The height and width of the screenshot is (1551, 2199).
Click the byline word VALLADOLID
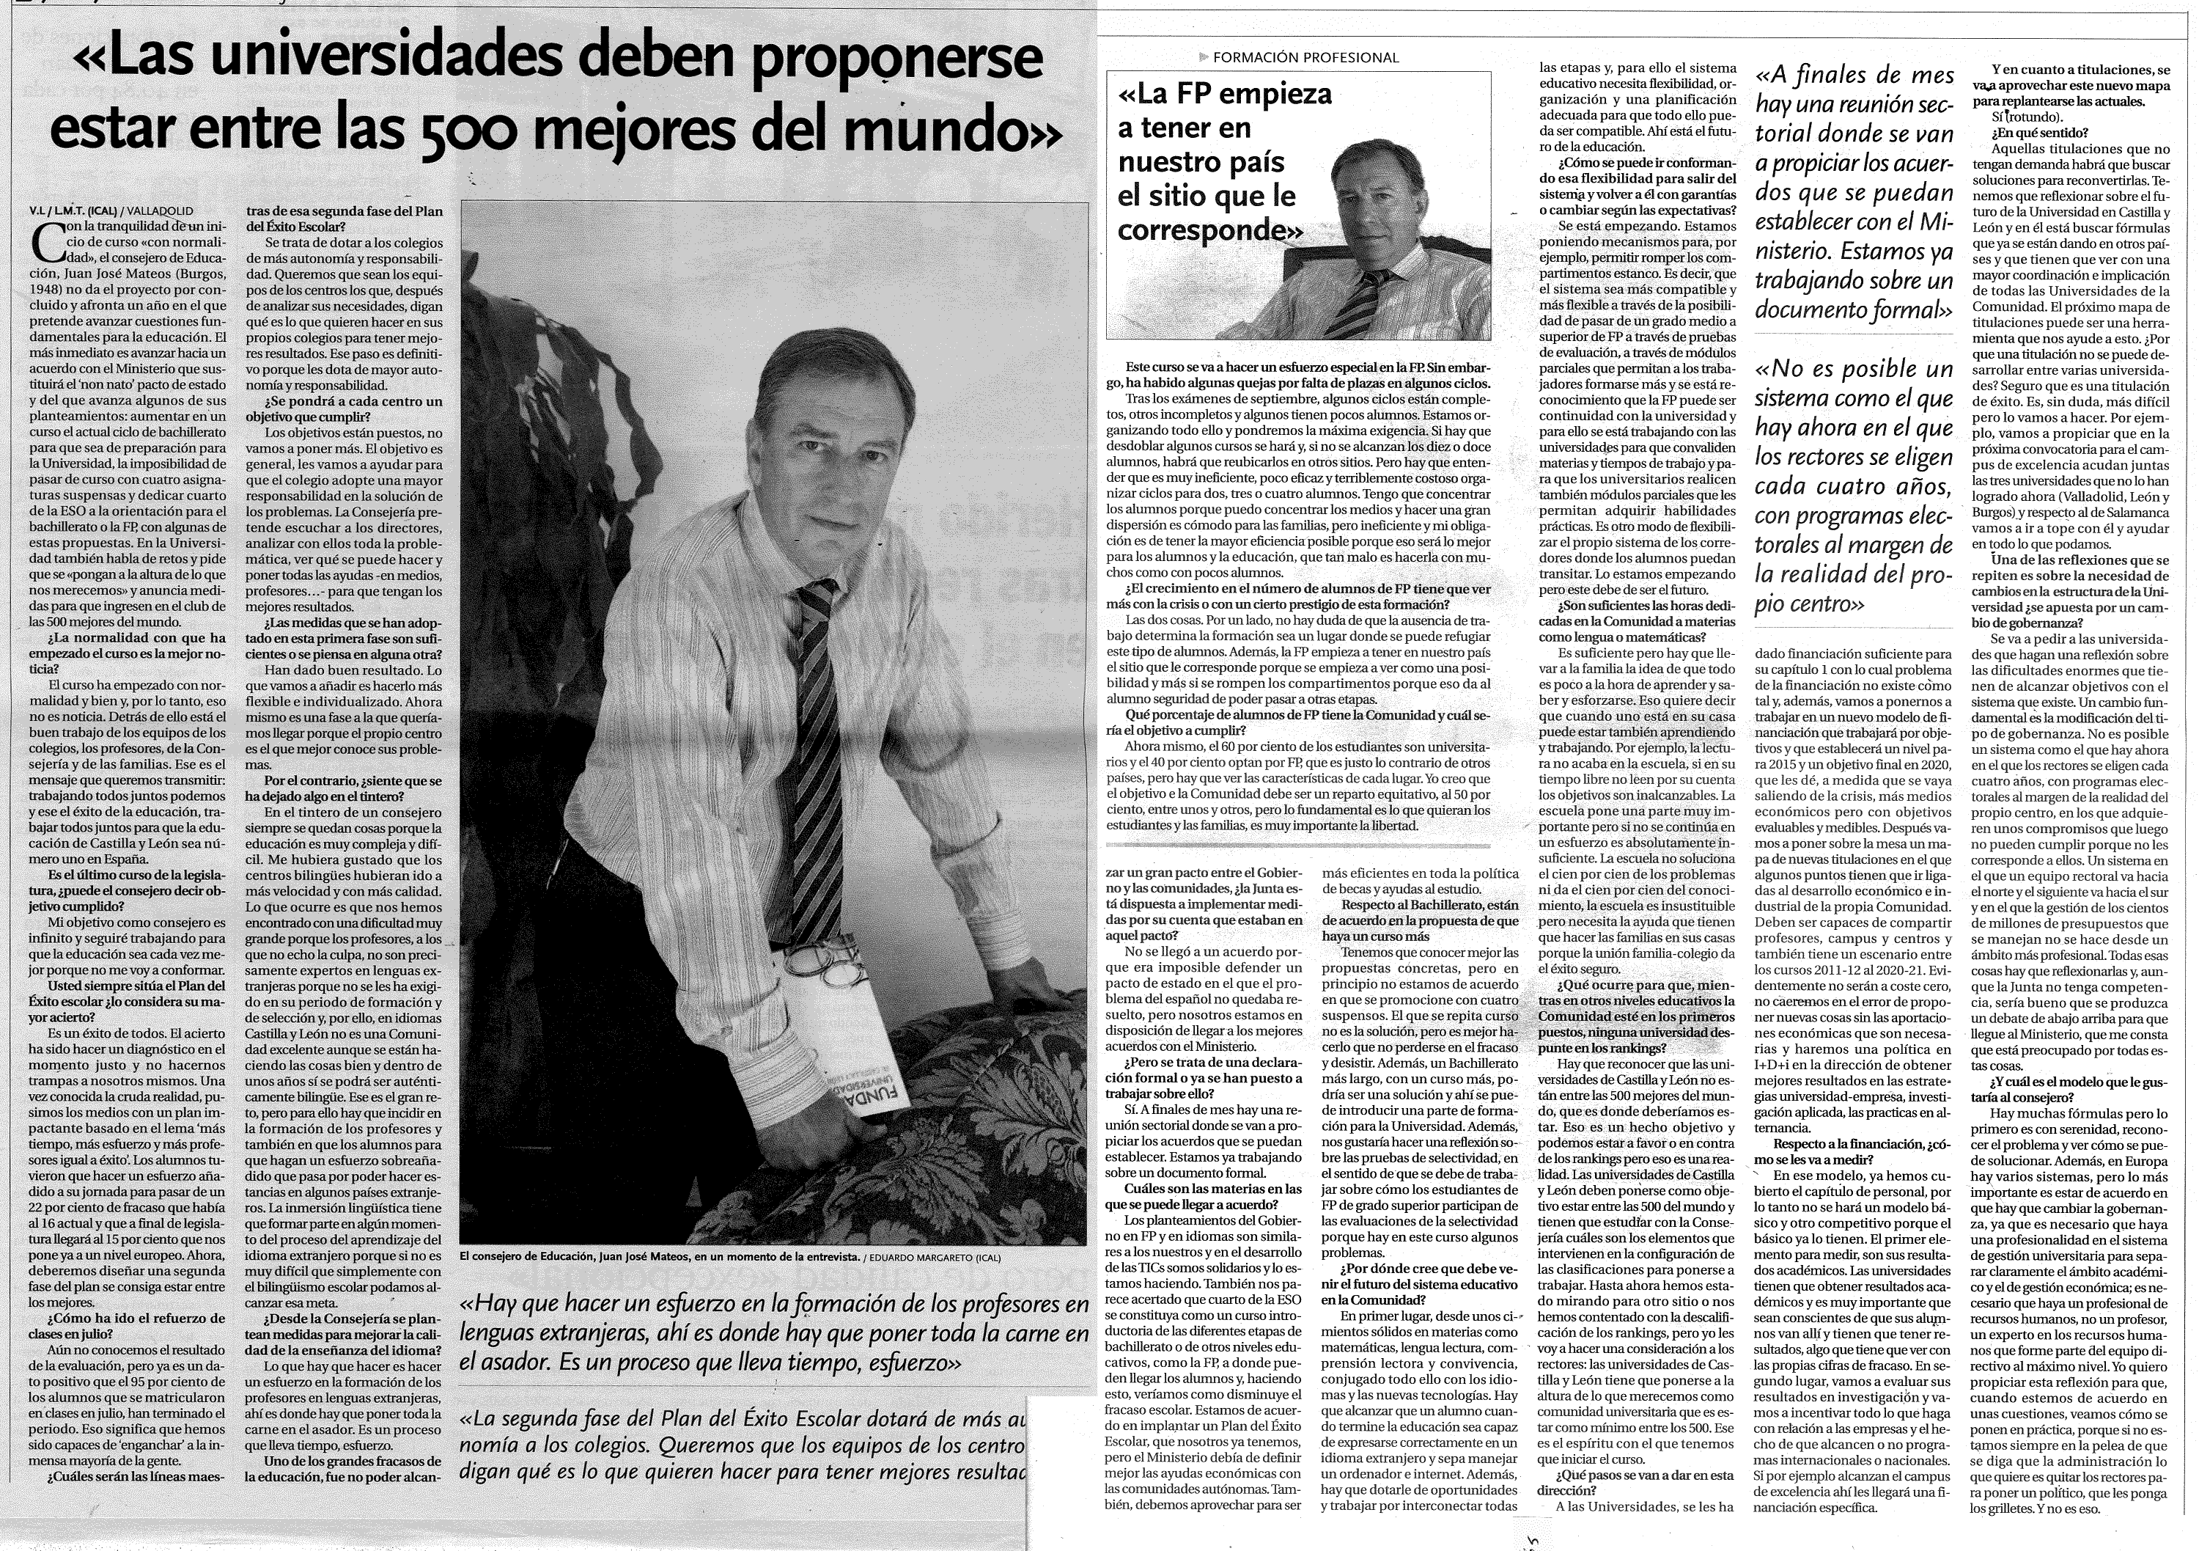(x=161, y=210)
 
